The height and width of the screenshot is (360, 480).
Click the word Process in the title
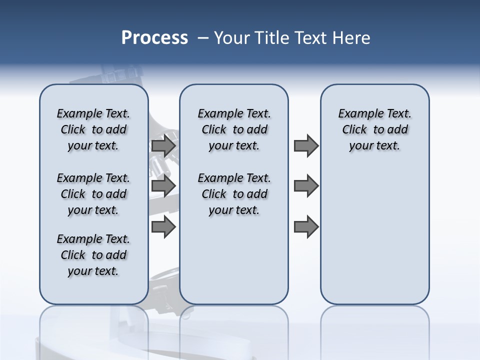point(154,38)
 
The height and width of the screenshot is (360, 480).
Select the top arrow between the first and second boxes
point(163,146)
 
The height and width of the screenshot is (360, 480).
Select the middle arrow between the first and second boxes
point(163,186)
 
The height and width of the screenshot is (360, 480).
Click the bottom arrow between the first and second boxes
point(163,227)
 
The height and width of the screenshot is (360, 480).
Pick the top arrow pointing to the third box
point(306,146)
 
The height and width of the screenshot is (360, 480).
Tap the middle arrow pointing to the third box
point(306,186)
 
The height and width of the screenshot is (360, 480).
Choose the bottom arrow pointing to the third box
point(306,227)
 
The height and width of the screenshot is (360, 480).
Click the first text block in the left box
point(93,129)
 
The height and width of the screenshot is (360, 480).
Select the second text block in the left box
point(93,194)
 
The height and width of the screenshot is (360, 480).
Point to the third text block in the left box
point(93,255)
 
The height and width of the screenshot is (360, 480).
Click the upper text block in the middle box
point(234,129)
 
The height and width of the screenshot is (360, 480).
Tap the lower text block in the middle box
point(234,194)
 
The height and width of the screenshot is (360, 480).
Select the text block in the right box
point(374,129)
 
